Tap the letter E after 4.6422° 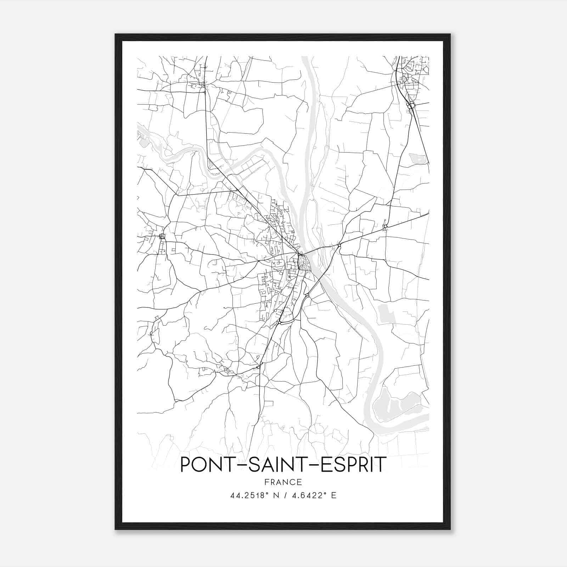click(333, 495)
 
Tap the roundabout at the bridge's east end click(339, 245)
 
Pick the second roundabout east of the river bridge click(386, 226)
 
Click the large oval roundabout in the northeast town click(411, 106)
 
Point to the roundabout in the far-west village click(162, 236)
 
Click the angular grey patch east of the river click(386, 314)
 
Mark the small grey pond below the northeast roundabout click(418, 159)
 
